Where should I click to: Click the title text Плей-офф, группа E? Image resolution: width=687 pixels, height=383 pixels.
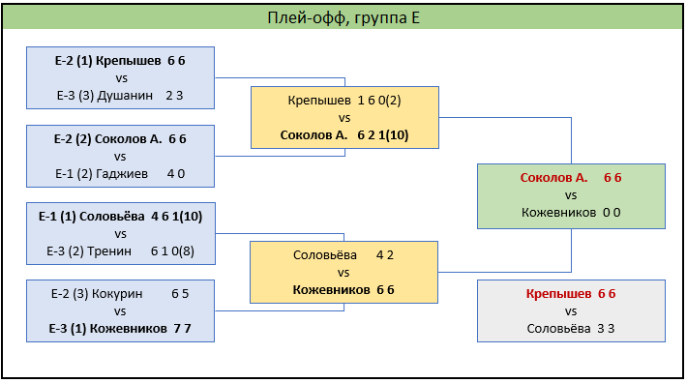coord(343,18)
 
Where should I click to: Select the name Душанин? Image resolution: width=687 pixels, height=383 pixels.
coord(125,96)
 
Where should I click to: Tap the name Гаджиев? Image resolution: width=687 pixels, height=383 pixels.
coord(122,174)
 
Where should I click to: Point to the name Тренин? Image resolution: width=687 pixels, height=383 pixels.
coord(109,250)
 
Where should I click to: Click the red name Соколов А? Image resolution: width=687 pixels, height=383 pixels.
coord(553,178)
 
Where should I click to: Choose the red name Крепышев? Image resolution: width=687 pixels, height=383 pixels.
coord(558,294)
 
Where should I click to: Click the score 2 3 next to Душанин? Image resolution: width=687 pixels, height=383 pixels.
coord(174,96)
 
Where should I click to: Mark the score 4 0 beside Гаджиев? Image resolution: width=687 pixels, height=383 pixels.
coord(176,174)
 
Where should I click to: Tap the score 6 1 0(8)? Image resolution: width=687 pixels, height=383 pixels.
coord(172,251)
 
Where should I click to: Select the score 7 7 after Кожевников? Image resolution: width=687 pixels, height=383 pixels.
coord(182,328)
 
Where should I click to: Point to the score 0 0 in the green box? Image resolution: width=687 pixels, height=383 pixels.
coord(612,212)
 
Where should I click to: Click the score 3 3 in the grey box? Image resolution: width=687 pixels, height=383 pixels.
coord(606,328)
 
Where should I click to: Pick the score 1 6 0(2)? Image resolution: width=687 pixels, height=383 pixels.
coord(379,101)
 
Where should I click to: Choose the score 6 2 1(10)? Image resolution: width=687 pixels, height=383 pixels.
coord(383,135)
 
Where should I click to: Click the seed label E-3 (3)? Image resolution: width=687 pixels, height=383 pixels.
coord(75,96)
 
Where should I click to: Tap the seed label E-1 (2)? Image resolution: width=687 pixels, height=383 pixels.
coord(74,174)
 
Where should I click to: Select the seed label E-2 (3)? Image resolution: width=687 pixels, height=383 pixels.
coord(70,294)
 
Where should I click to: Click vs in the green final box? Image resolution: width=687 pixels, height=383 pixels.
coord(571,195)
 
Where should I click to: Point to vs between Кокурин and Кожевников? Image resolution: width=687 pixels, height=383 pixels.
coord(120,311)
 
